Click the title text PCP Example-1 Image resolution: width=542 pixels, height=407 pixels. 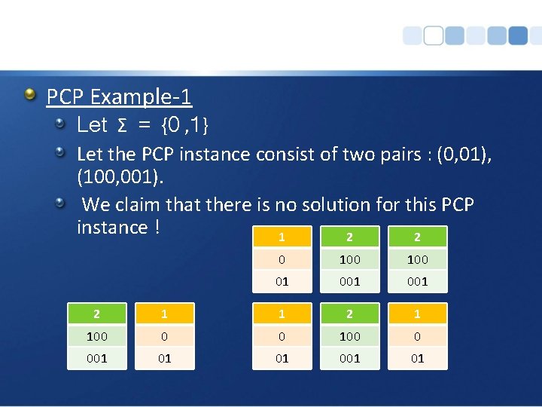[x=119, y=96]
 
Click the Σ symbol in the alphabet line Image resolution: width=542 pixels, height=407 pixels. [x=122, y=124]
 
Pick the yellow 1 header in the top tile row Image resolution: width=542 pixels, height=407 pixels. [x=282, y=237]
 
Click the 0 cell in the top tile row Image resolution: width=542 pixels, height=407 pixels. [x=282, y=259]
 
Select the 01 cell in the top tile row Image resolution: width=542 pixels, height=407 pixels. [x=282, y=281]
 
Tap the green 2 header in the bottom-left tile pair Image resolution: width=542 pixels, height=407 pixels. [x=96, y=314]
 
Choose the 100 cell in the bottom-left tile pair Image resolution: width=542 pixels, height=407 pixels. [x=96, y=336]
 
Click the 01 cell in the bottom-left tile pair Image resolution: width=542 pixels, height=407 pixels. [x=165, y=358]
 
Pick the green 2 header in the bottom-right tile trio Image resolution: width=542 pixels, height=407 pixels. [x=349, y=314]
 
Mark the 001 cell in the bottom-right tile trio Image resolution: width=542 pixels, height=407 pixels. [x=349, y=358]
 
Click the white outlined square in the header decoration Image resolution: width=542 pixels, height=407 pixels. [x=434, y=35]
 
